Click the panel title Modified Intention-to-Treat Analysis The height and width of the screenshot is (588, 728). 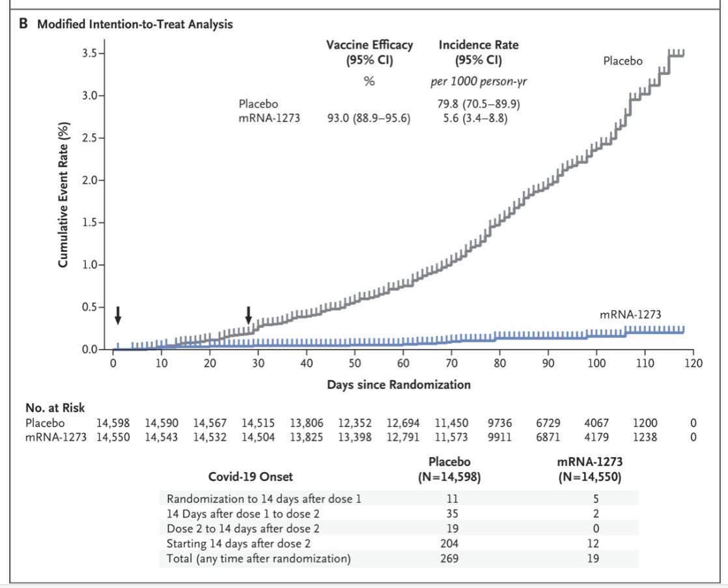point(135,25)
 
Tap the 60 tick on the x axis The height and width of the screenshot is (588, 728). point(403,363)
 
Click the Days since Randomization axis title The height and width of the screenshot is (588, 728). point(399,385)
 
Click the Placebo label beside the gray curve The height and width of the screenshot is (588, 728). point(623,61)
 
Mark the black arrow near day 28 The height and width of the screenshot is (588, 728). point(248,316)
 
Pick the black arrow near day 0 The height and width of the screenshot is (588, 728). point(118,316)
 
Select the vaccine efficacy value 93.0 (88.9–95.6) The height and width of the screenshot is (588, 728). point(369,119)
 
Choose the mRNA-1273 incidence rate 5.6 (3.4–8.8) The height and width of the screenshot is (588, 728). point(473,119)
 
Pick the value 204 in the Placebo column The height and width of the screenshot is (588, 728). point(450,544)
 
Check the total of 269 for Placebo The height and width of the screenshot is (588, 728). point(450,559)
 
